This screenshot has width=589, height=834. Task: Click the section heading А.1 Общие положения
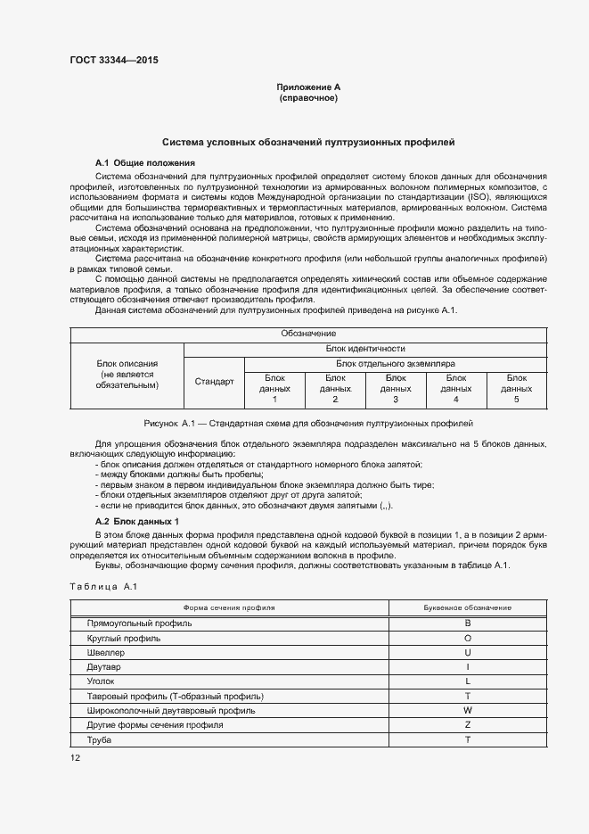144,163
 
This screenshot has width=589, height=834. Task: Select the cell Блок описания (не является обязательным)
127,374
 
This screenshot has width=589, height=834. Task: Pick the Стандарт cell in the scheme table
214,381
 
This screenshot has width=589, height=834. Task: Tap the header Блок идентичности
365,349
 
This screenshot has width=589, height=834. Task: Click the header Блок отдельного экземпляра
396,364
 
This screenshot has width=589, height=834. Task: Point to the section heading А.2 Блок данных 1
137,521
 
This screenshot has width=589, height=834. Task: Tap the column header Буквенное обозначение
467,607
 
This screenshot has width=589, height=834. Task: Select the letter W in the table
467,711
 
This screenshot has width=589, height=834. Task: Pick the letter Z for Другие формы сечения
467,725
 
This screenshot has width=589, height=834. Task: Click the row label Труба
98,740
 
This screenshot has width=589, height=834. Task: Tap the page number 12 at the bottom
75,757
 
